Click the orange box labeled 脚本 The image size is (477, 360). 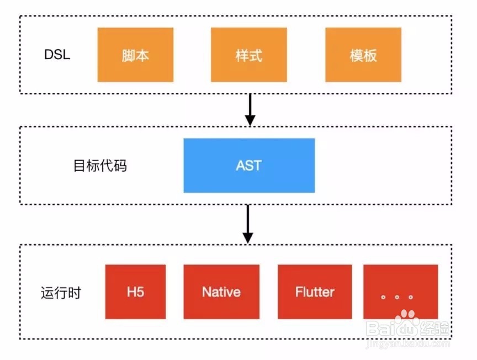tap(135, 55)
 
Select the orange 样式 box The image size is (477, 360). tap(249, 55)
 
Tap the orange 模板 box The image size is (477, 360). tap(363, 55)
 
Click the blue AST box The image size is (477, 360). tap(249, 165)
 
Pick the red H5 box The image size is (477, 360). tap(135, 292)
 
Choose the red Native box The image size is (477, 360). tap(221, 292)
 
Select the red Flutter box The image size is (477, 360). tap(315, 292)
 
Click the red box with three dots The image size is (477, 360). tap(400, 292)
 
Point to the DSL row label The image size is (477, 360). tap(57, 56)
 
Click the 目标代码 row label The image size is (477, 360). tap(100, 166)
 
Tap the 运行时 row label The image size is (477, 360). tap(61, 293)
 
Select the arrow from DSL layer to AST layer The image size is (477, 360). tap(250, 109)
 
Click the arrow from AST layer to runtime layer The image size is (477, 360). tap(248, 224)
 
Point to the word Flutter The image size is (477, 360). tap(315, 292)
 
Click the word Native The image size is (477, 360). tap(221, 292)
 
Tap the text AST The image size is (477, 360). tap(248, 165)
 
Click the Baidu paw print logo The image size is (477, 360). tap(409, 321)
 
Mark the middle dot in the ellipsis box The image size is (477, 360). tap(397, 297)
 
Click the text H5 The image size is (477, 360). tap(135, 292)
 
